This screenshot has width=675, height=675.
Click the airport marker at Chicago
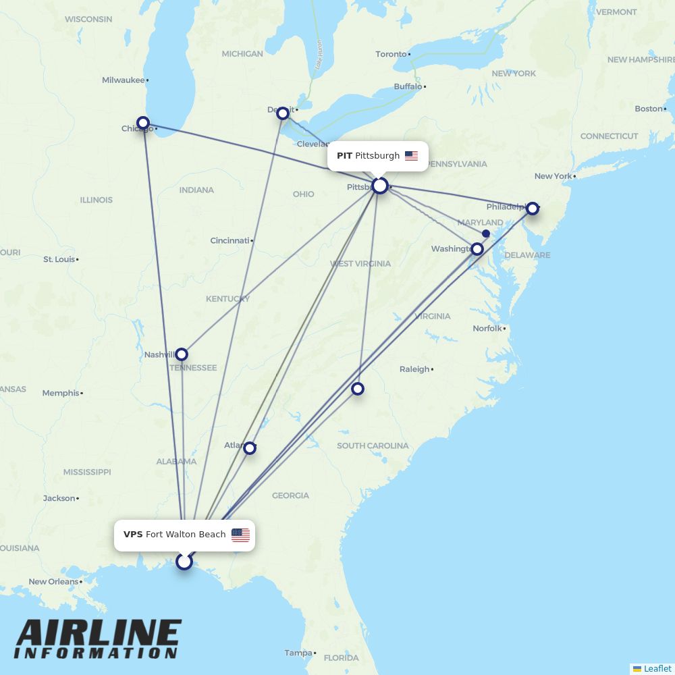pos(143,124)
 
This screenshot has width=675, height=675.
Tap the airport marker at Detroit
pos(283,113)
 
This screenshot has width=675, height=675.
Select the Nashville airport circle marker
pos(182,354)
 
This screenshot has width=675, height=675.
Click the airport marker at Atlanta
pos(250,448)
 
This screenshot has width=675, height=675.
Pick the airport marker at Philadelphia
pos(533,209)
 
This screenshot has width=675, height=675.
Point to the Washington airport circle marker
pos(477,249)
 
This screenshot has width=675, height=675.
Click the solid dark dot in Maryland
pos(486,234)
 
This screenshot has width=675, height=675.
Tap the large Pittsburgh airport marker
pos(380,186)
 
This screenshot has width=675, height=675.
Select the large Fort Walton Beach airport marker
pos(184,562)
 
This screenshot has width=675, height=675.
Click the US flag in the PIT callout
pos(411,156)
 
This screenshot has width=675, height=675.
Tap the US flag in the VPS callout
pos(240,535)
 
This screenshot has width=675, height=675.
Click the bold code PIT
pos(344,156)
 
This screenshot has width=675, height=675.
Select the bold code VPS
pos(133,535)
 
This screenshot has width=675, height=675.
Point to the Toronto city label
pos(391,54)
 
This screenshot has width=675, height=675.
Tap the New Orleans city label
pos(53,582)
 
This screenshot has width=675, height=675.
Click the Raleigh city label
pos(414,369)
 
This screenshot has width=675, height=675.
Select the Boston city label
pos(648,109)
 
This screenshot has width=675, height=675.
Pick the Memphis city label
pos(61,393)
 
